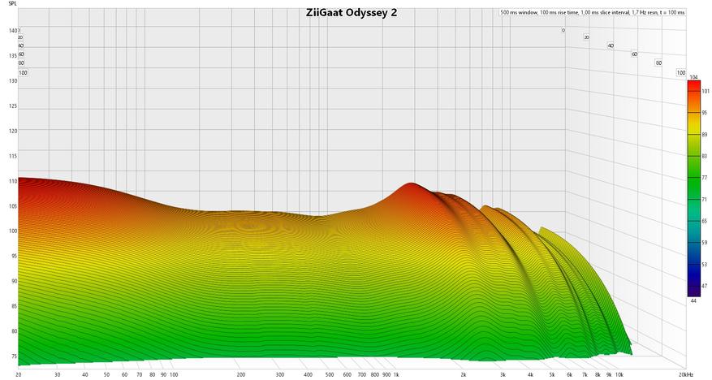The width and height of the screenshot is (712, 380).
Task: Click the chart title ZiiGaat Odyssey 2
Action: [352, 13]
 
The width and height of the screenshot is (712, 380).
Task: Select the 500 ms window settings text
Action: [593, 13]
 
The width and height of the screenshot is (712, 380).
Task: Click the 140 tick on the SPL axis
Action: [12, 31]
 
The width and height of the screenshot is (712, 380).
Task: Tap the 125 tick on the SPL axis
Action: [12, 106]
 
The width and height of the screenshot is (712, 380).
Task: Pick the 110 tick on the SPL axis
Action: [12, 181]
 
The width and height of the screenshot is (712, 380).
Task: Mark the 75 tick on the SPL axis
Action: [12, 356]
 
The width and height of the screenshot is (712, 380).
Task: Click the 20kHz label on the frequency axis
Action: [687, 374]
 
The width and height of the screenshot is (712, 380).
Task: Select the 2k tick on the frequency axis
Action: [464, 374]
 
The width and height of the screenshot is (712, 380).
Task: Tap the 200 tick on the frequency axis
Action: [241, 374]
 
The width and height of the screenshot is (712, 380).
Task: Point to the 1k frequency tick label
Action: [397, 374]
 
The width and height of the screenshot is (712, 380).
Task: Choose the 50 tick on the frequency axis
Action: [106, 374]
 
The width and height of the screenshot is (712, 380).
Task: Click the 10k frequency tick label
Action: [619, 374]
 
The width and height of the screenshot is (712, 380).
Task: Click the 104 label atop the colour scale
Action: [693, 77]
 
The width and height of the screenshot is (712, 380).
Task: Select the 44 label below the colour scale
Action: [693, 300]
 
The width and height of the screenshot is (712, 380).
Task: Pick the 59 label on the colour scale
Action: [704, 242]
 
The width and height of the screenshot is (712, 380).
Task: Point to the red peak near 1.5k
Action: [408, 188]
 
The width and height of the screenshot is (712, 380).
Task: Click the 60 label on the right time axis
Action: [634, 54]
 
